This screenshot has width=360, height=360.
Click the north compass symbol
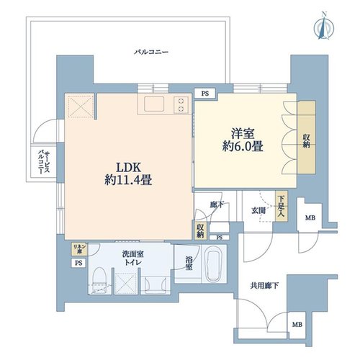pyautogui.click(x=324, y=26)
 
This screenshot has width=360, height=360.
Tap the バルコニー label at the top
pyautogui.click(x=151, y=52)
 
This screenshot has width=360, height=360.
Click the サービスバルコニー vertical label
pyautogui.click(x=44, y=162)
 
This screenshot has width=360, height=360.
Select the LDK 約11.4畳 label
pyautogui.click(x=128, y=174)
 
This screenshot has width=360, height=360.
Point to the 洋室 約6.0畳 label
pyautogui.click(x=243, y=140)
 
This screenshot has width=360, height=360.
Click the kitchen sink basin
pyautogui.click(x=154, y=104)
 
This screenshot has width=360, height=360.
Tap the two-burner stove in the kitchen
pyautogui.click(x=181, y=104)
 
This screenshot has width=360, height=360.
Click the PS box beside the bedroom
pyautogui.click(x=205, y=94)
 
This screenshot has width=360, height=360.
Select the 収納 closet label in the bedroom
pyautogui.click(x=306, y=141)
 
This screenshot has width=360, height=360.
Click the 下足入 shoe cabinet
pyautogui.click(x=282, y=206)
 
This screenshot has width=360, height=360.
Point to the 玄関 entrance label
pyautogui.click(x=258, y=211)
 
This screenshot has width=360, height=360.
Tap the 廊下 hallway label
pyautogui.click(x=217, y=204)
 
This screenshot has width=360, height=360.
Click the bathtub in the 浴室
pyautogui.click(x=214, y=266)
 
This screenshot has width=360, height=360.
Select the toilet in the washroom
pyautogui.click(x=99, y=279)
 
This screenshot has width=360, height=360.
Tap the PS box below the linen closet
pyautogui.click(x=78, y=263)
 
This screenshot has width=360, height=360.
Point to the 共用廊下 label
pyautogui.click(x=264, y=286)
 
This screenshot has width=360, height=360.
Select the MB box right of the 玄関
pyautogui.click(x=310, y=218)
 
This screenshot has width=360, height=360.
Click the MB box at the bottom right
pyautogui.click(x=297, y=325)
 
